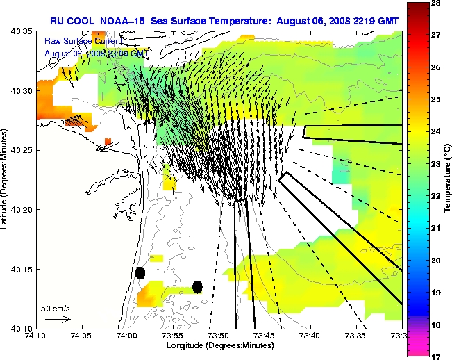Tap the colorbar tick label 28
pyautogui.click(x=437, y=3)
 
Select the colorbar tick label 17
pyautogui.click(x=437, y=356)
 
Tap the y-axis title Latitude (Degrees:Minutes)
pyautogui.click(x=6, y=180)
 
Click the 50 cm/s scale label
pyautogui.click(x=55, y=308)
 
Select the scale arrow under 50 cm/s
pyautogui.click(x=58, y=320)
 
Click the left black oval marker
pyautogui.click(x=140, y=273)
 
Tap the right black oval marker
pyautogui.click(x=197, y=286)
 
